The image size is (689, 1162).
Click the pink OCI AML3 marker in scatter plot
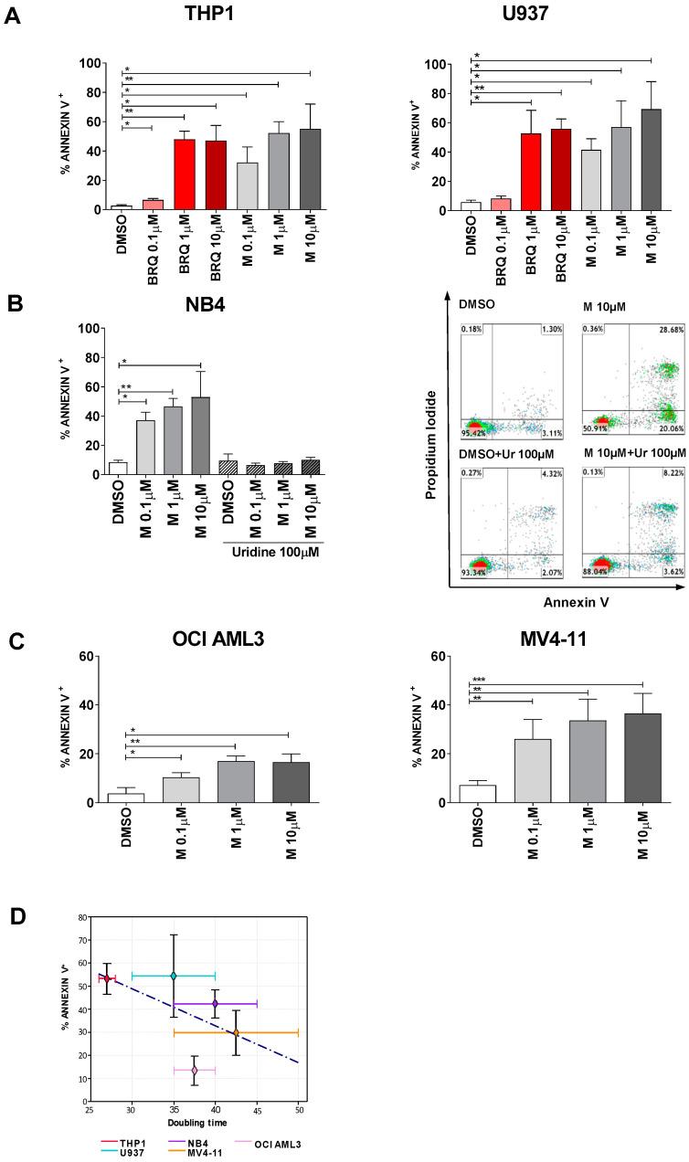click(x=194, y=1070)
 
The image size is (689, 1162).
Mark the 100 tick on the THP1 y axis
click(x=94, y=63)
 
